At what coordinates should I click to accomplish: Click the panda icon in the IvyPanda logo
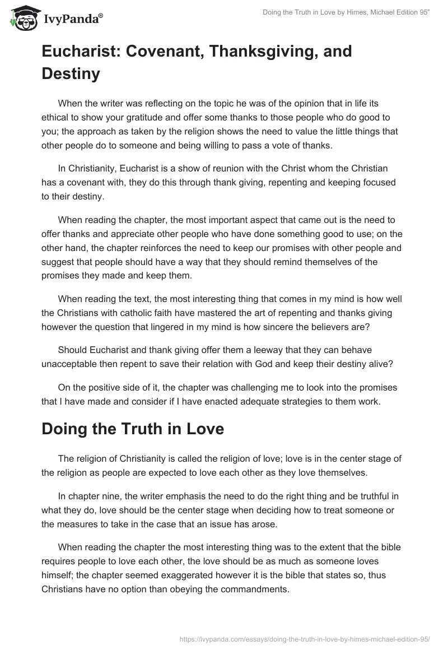pos(22,18)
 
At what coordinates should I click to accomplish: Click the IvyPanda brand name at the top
pos(72,19)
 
